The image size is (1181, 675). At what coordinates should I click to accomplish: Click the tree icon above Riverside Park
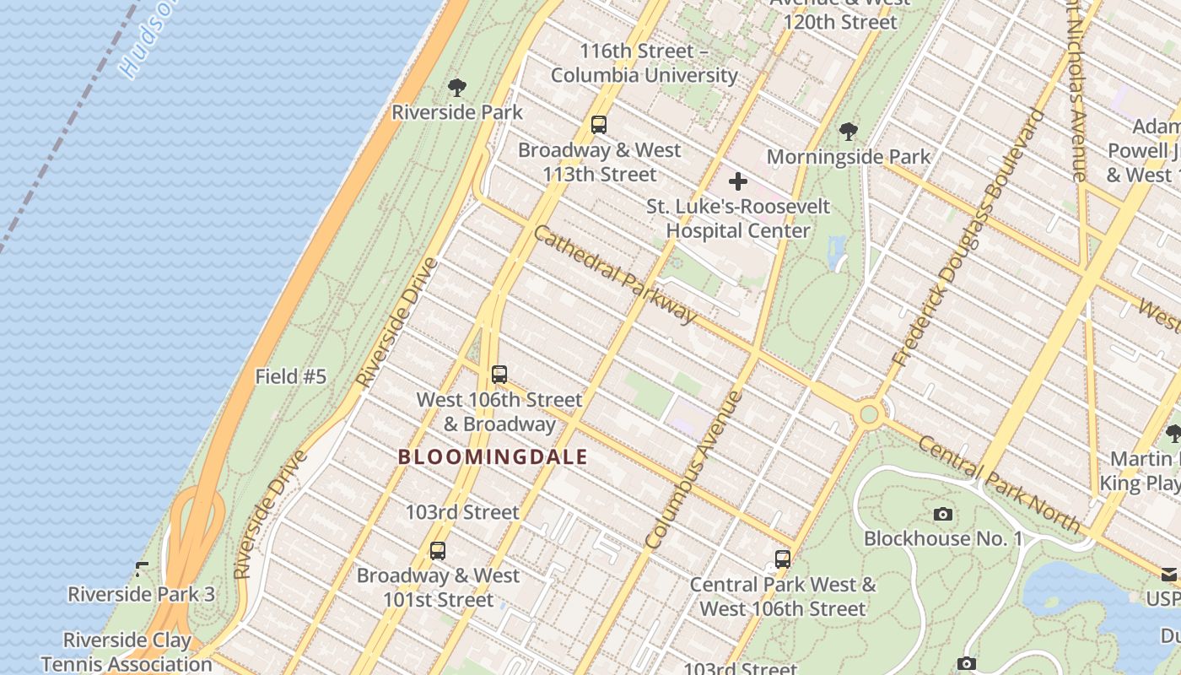pos(457,87)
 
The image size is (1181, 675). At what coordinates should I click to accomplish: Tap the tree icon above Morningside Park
pos(849,132)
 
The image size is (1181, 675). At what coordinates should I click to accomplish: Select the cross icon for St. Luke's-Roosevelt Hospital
pos(738,181)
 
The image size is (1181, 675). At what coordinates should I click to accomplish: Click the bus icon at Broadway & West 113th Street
pos(599,125)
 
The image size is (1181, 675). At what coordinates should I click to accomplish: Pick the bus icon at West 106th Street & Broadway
pos(499,375)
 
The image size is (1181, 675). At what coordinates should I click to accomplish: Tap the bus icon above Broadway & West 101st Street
pos(437,551)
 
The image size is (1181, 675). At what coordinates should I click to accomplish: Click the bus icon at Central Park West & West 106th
pos(783,559)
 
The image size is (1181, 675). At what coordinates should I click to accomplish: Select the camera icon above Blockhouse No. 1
pos(943,514)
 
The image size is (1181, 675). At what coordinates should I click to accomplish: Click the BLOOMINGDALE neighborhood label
pos(493,457)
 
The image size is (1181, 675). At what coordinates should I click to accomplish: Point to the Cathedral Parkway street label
pos(616,274)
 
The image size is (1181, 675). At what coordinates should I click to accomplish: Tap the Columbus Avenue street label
pos(693,470)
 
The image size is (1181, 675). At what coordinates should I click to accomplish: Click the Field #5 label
pos(290,376)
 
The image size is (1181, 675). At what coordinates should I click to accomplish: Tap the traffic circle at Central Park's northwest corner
pos(869,414)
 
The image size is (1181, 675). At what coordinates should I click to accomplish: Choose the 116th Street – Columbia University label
pos(644,63)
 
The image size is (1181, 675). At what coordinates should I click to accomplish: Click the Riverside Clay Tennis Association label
pos(127,652)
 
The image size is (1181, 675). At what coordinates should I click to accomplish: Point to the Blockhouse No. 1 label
pos(943,538)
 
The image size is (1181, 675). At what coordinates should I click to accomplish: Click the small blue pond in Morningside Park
pos(838,251)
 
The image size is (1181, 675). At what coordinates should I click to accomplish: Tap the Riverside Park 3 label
pos(141,594)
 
